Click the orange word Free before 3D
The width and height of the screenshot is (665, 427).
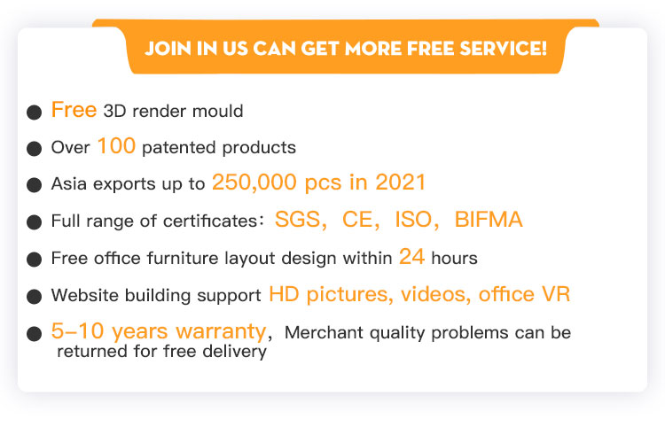(74, 110)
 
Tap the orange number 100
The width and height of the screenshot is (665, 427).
(116, 146)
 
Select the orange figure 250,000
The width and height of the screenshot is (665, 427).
(254, 182)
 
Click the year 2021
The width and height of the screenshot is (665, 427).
(401, 182)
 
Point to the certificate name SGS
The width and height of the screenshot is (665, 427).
(298, 220)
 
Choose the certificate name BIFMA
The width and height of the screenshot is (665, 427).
(489, 220)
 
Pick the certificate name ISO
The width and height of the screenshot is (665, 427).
(413, 220)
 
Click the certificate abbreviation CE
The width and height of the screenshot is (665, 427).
(357, 220)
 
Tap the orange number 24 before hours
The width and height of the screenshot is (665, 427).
(411, 257)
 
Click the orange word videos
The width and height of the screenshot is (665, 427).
(433, 294)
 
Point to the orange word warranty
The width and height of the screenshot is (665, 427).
(221, 331)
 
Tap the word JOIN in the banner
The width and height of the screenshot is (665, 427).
(168, 49)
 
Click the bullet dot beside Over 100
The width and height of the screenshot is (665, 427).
(34, 149)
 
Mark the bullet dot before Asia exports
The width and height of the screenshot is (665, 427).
(34, 185)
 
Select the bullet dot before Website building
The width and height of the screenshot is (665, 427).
(34, 297)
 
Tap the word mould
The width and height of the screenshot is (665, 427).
(217, 112)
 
